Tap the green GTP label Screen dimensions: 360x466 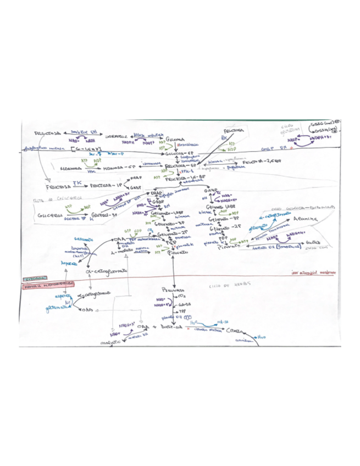pos(128,232)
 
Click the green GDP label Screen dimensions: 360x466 pos(137,232)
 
